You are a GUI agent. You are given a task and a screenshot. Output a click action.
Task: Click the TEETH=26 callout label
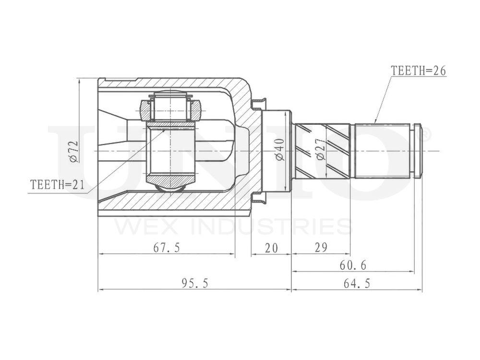[x=419, y=71]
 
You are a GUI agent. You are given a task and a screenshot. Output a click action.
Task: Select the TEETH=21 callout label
[x=57, y=185]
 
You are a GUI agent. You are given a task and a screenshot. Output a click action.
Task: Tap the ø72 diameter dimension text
[x=74, y=152]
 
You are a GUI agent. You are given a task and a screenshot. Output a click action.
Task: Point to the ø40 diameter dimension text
[x=280, y=150]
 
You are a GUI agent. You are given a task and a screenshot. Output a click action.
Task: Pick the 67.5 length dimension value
[x=167, y=248]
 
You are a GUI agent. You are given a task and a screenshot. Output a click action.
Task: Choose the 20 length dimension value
[x=271, y=248]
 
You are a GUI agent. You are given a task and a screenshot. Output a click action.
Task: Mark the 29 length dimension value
[x=321, y=247]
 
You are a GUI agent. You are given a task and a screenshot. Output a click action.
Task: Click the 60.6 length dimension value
[x=353, y=265]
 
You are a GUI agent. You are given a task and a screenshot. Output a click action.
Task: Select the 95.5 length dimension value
[x=195, y=283]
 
